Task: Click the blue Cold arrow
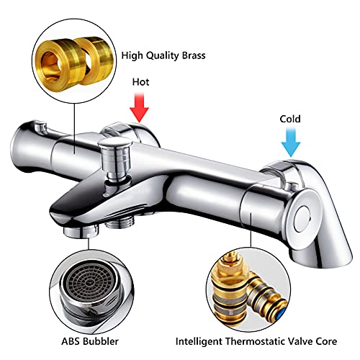coord(291,143)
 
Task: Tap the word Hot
coord(140,82)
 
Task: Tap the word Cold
coord(290,119)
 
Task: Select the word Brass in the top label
coord(194,55)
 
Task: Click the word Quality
coord(163,56)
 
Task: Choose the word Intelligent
coord(199,341)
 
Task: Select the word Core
coord(326,341)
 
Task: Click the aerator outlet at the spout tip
coord(81,232)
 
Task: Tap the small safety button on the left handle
coord(40,127)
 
